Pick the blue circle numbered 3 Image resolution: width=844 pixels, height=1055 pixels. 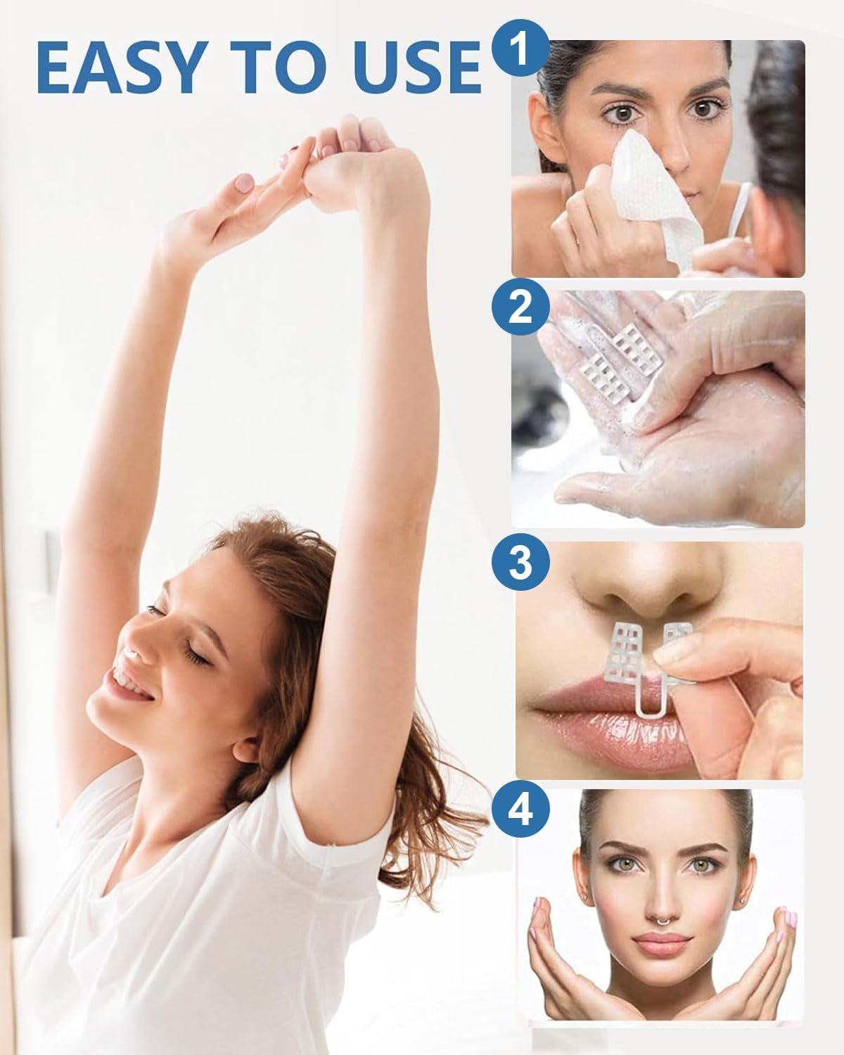520,562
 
